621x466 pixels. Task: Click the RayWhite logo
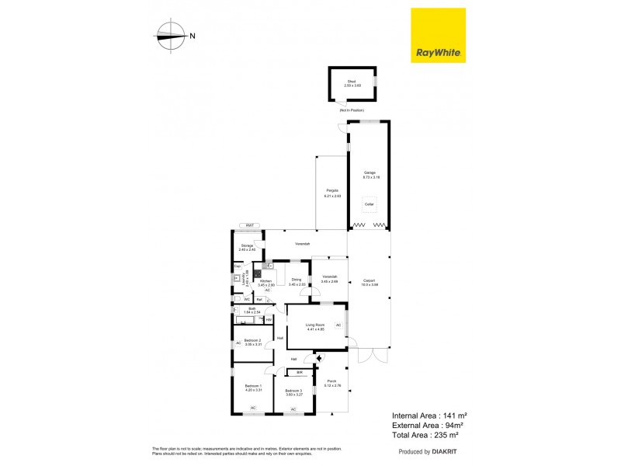pos(438,35)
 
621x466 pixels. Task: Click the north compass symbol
pos(169,34)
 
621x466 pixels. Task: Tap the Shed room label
pos(352,82)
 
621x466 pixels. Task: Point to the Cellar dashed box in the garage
pos(369,204)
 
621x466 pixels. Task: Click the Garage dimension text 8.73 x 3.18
pos(369,178)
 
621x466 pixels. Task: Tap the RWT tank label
pos(250,225)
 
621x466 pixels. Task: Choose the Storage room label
pos(247,245)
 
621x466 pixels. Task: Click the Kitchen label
pos(266,280)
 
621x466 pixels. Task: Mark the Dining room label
pos(297,280)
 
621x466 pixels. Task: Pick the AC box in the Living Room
pos(338,325)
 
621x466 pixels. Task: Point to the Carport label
pos(369,280)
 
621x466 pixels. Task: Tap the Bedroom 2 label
pos(253,340)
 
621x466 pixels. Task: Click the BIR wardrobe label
pos(299,373)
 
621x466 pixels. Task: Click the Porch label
pos(331,381)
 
